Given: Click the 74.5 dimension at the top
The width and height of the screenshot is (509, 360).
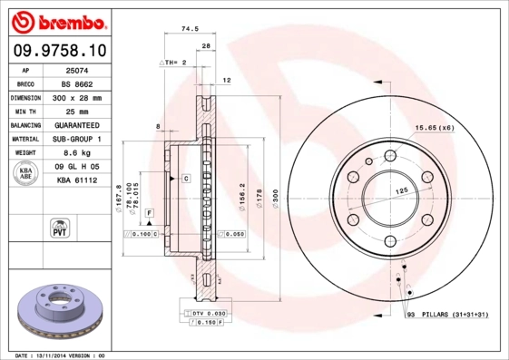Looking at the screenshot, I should [x=190, y=29].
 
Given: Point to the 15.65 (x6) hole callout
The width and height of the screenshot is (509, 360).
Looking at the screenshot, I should [x=435, y=128].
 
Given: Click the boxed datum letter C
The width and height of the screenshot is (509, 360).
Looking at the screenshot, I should [x=185, y=179].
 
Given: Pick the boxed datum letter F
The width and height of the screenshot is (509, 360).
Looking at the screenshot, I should [x=149, y=212].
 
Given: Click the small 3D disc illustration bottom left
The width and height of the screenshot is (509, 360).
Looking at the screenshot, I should [x=59, y=308].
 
